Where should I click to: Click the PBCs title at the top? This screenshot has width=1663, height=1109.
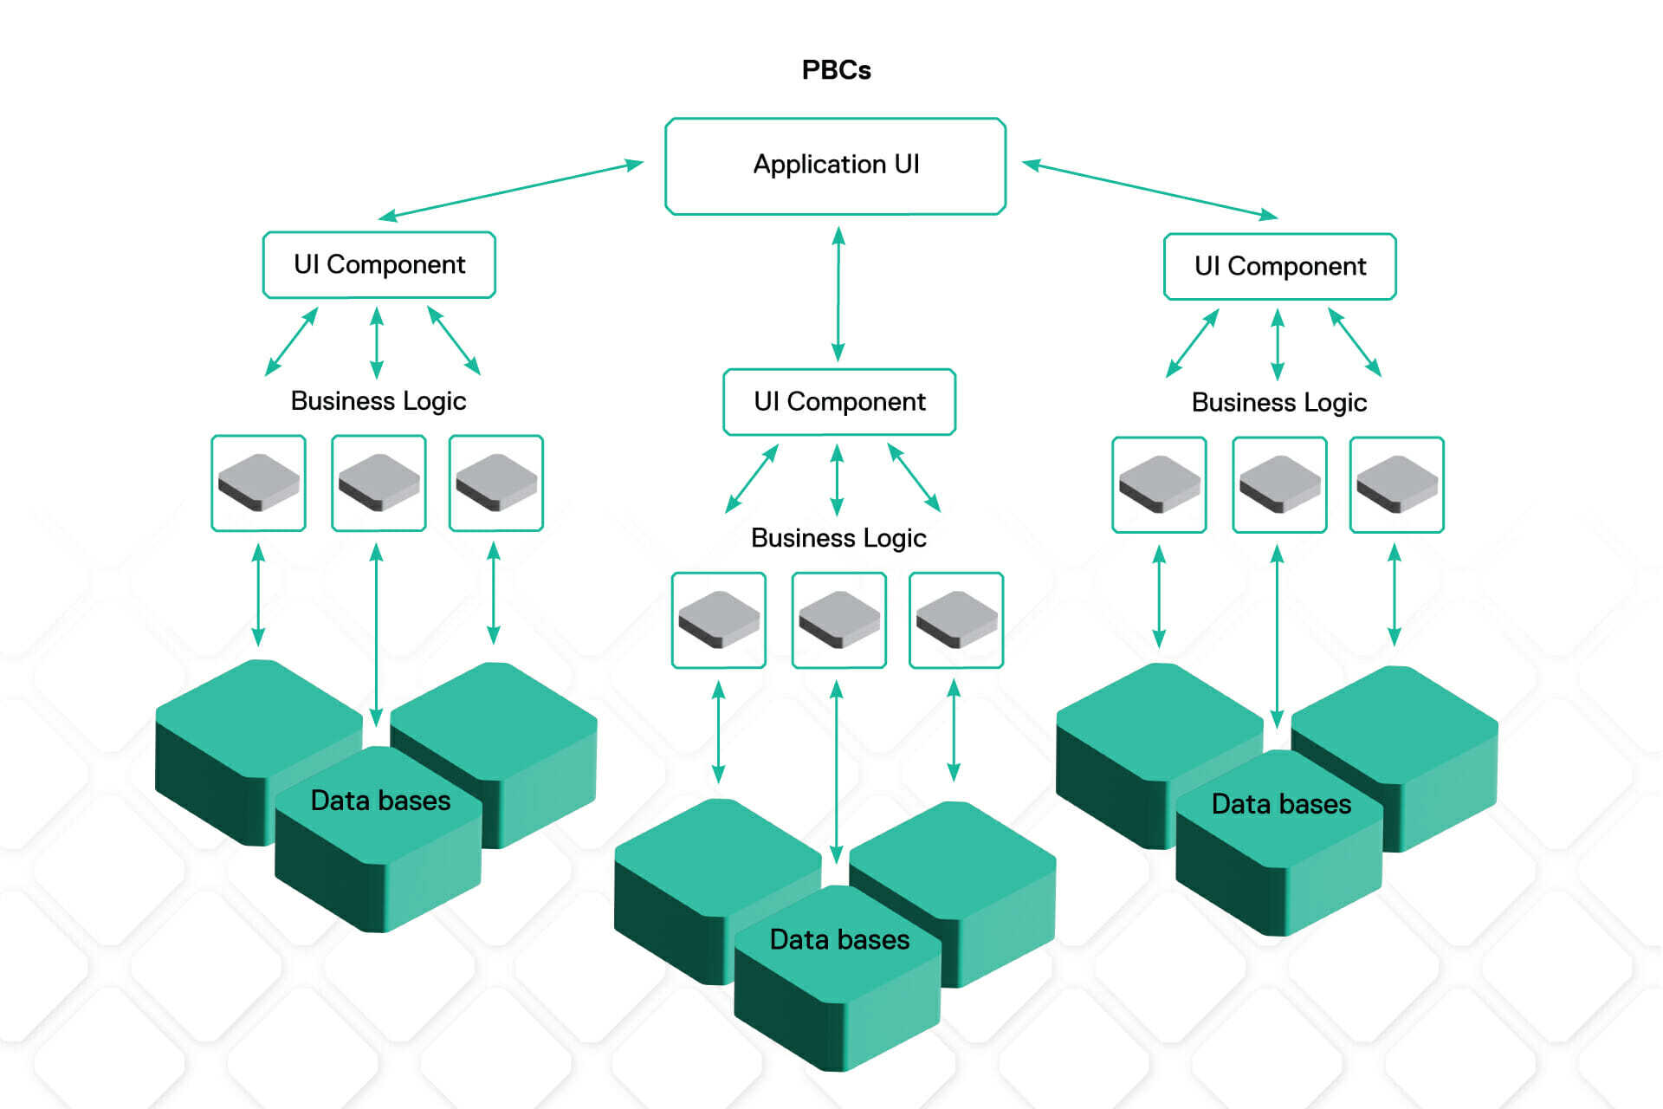(x=836, y=69)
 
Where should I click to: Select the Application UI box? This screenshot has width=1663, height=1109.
(x=835, y=165)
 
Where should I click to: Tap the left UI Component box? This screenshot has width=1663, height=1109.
(x=379, y=264)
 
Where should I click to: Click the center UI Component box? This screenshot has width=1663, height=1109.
(x=839, y=401)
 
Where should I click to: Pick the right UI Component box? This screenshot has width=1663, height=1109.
(x=1279, y=266)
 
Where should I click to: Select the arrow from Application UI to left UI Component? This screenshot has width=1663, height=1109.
(x=511, y=188)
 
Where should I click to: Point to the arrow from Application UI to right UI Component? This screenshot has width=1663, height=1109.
(x=1149, y=188)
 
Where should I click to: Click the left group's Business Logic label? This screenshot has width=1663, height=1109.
(x=379, y=400)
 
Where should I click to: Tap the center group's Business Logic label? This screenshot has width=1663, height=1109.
(x=838, y=537)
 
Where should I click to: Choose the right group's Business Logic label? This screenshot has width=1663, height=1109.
(x=1279, y=402)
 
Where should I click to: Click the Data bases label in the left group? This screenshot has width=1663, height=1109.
(x=380, y=800)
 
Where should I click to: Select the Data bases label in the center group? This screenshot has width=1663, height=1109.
(x=839, y=939)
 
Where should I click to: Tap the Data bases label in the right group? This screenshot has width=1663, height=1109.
(x=1281, y=803)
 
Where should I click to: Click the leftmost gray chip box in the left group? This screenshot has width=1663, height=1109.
(x=259, y=483)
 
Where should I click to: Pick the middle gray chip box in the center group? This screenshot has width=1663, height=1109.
(x=838, y=619)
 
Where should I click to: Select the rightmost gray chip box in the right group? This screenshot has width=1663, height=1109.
(x=1396, y=484)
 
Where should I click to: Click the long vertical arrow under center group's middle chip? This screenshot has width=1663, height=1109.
(x=836, y=771)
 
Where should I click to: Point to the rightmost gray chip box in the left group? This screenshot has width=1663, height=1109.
(x=496, y=483)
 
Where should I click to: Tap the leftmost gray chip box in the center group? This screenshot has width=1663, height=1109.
(x=719, y=619)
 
